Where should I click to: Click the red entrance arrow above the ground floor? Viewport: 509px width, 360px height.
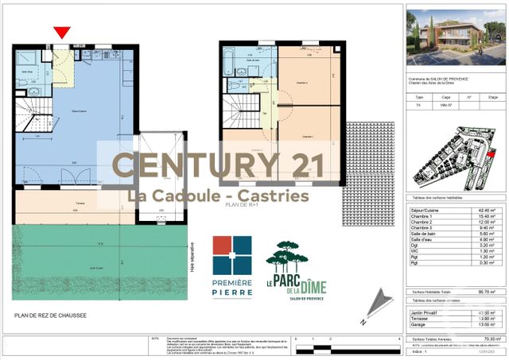tap(61, 33)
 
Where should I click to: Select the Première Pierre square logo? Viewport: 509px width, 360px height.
tap(231, 255)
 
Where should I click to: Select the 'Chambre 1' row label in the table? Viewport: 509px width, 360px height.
tap(422, 217)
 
